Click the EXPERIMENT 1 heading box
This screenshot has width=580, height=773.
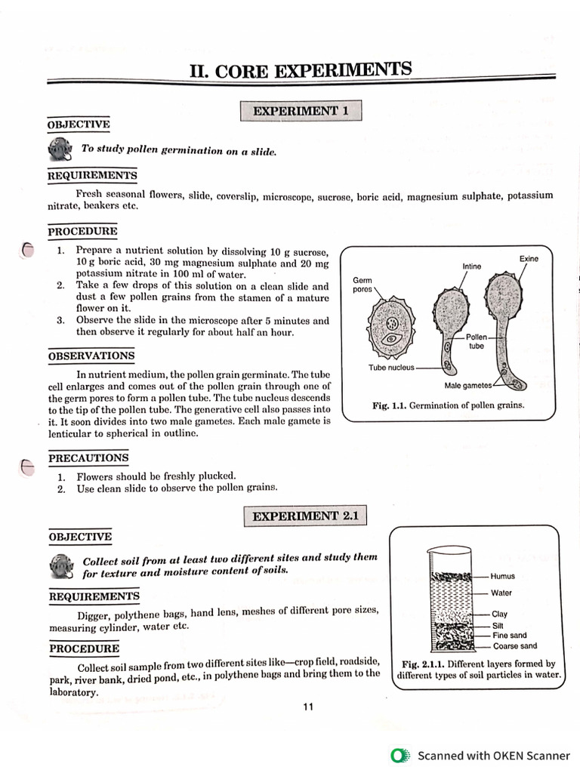tap(301, 111)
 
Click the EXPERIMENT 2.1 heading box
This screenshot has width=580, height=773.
tap(306, 516)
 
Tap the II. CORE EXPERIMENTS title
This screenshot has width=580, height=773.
tap(301, 71)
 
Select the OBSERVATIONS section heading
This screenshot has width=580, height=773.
tap(91, 356)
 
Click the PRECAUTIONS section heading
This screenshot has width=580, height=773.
tap(88, 458)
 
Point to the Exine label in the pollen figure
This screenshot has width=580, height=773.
tap(529, 259)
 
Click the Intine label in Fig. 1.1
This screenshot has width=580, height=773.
tap(471, 266)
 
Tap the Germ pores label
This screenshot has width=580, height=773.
tap(362, 285)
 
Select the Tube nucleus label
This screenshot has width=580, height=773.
tap(391, 368)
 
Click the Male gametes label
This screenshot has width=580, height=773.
tap(468, 385)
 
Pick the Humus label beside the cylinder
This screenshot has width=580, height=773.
tap(502, 576)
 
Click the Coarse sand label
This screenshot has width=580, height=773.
tap(515, 646)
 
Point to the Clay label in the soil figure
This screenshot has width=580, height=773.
tap(499, 614)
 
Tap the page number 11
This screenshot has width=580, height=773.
tap(307, 707)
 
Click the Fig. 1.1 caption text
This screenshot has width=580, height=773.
tap(449, 405)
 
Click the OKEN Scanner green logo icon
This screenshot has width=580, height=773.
tap(399, 755)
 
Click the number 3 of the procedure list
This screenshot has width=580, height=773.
tap(60, 320)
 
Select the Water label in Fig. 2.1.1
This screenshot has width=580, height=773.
tap(501, 593)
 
